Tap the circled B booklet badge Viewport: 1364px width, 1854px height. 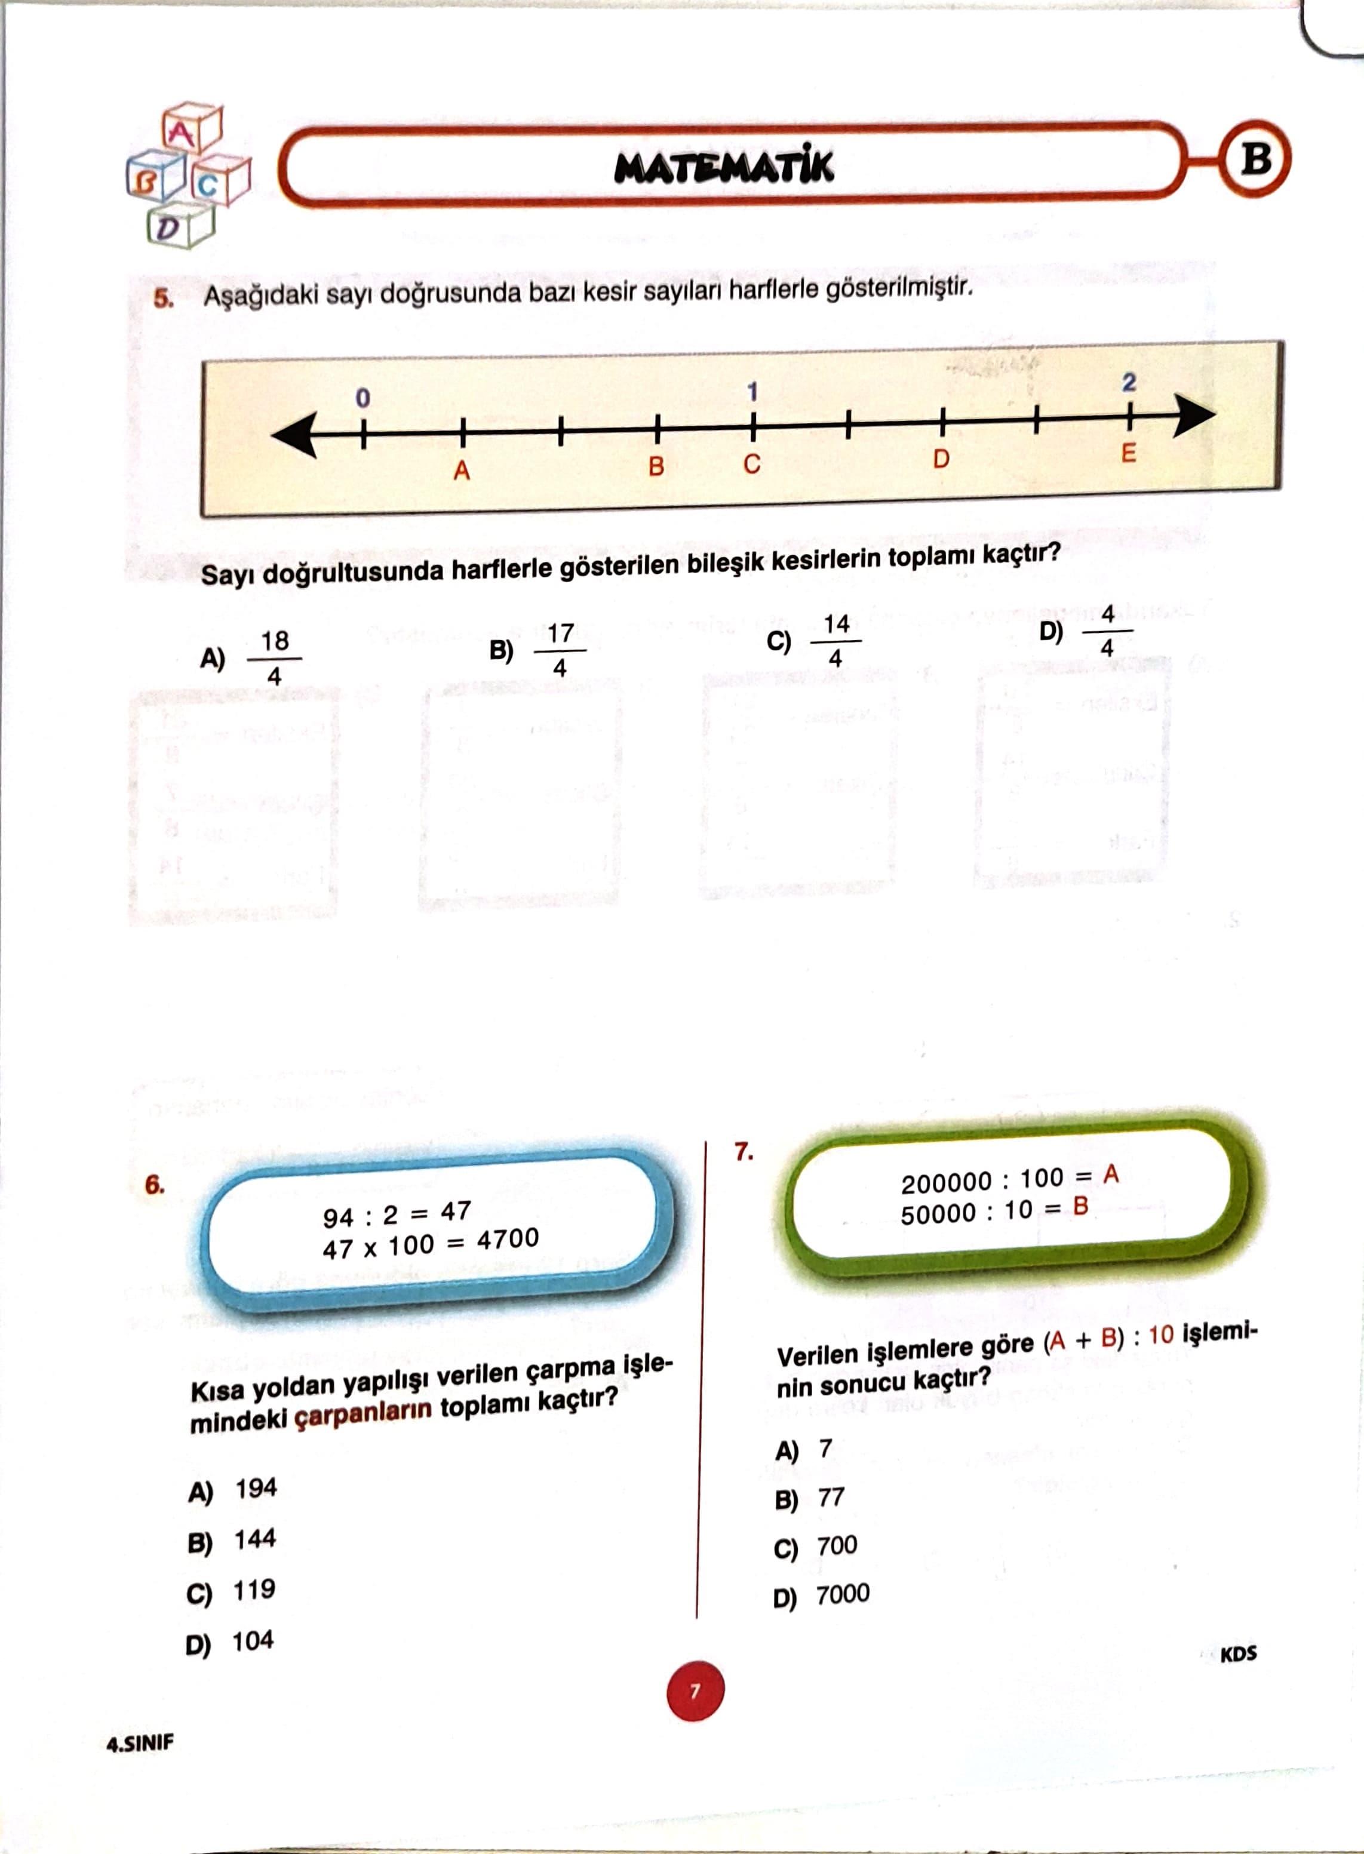coord(1256,158)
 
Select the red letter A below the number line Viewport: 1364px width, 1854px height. coord(462,471)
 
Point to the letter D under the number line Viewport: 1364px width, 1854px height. coord(941,459)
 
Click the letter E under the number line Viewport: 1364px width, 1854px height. coord(1128,453)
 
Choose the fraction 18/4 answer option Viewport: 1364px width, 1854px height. coord(274,658)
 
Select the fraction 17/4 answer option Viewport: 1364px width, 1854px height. coord(560,650)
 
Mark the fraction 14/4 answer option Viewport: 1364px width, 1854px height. coord(835,641)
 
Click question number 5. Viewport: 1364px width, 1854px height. coord(162,298)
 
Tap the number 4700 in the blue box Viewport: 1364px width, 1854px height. coord(507,1238)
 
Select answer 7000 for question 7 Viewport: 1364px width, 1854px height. coord(842,1594)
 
